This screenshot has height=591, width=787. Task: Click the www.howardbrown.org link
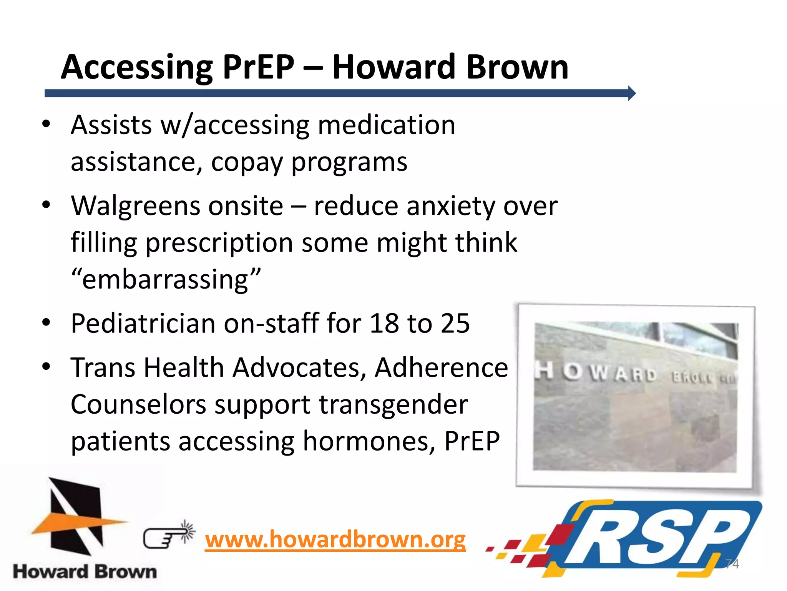(x=335, y=539)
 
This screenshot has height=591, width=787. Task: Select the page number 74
(x=732, y=564)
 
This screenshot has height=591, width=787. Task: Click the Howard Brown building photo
(x=636, y=396)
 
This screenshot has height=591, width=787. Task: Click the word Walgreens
(x=135, y=206)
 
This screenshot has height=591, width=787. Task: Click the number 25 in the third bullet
(x=455, y=323)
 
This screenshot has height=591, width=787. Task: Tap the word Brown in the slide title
(x=517, y=67)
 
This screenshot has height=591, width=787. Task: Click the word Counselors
(x=138, y=405)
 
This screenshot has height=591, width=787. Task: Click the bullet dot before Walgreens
(x=46, y=205)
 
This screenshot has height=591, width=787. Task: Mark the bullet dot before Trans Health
(x=46, y=366)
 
